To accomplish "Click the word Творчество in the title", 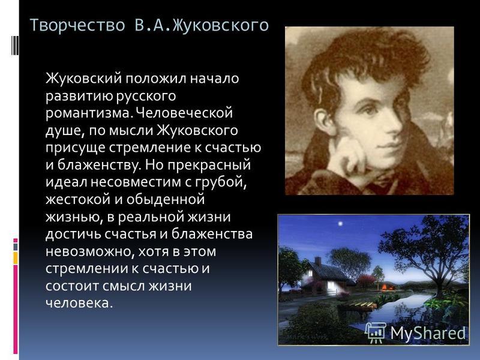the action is click(78, 25).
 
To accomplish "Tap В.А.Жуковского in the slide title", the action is click(202, 25).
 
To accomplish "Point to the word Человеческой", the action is click(184, 113).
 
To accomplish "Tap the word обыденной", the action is click(165, 200).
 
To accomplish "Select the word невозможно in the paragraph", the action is click(89, 251).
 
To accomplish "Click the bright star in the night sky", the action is click(340, 224).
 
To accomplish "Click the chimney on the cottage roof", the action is click(318, 262).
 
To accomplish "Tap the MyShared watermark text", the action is click(428, 332).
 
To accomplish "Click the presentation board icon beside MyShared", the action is click(376, 332).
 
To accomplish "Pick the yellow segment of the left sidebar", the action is click(16, 258).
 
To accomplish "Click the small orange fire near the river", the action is click(385, 287).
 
